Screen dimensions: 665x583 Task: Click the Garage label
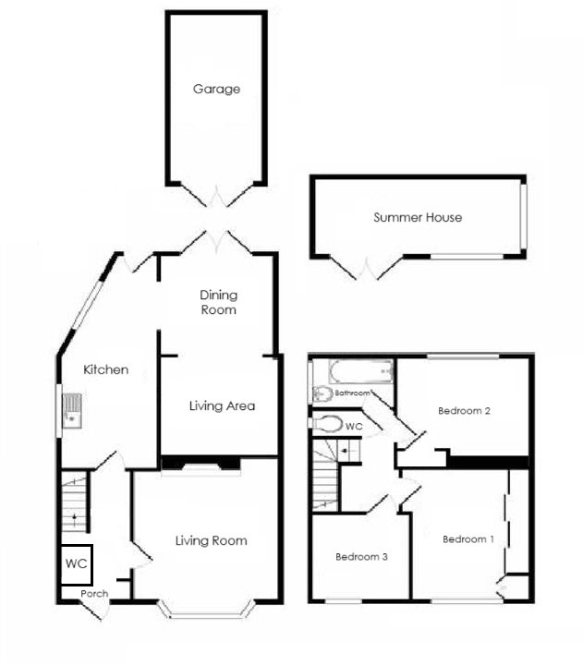[216, 90]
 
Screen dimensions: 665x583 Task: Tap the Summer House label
[418, 217]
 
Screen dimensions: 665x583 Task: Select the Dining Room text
[219, 302]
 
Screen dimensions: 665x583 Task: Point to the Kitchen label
[106, 369]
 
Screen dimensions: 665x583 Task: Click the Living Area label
[222, 405]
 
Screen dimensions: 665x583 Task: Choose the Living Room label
[212, 540]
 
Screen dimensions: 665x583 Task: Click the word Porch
[94, 594]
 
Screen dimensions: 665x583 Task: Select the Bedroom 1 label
[468, 539]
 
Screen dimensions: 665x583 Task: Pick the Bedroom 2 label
[464, 411]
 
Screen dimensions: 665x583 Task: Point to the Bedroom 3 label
[361, 557]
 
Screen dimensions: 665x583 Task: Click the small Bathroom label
[352, 393]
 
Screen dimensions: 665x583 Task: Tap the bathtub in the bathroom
[355, 373]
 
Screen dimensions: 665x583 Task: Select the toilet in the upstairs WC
[325, 423]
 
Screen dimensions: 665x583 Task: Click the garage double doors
[217, 196]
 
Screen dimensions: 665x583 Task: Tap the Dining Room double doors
[217, 242]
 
